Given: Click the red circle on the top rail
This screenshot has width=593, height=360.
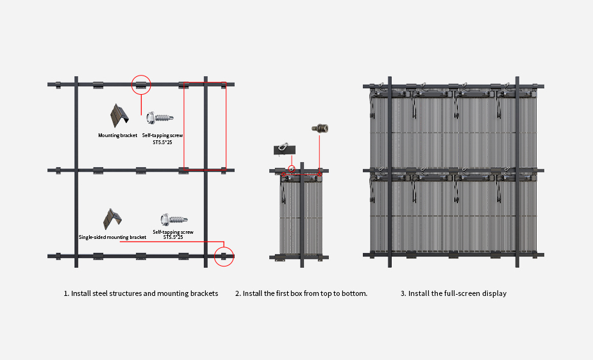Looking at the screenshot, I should point(141,85).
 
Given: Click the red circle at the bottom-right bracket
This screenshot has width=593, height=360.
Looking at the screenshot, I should point(224,256).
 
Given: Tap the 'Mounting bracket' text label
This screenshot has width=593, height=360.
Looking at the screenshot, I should point(117,136).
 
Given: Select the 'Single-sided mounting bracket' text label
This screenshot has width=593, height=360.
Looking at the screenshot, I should point(112,237).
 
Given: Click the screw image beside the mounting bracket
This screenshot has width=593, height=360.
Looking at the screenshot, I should point(159,118).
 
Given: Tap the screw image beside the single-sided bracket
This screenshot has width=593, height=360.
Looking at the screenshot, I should point(172,219).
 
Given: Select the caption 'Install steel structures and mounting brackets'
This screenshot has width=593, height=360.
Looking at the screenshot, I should point(141,293).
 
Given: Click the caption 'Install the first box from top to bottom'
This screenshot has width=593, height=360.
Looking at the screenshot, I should point(301,293).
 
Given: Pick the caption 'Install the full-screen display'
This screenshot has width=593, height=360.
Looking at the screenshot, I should point(453,293).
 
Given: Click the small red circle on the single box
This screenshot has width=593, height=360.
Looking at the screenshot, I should point(292,169).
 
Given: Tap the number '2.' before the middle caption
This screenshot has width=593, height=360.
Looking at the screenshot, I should point(238,293).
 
